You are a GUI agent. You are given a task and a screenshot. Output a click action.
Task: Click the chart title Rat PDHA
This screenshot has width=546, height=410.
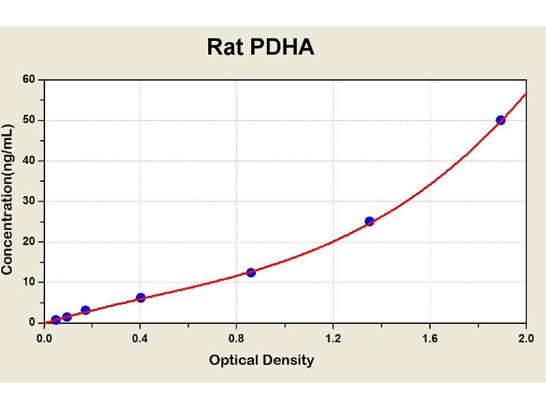tap(261, 47)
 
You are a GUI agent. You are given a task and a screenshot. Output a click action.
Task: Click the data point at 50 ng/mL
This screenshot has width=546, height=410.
tap(500, 120)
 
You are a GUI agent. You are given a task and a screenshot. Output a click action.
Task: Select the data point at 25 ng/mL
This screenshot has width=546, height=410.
tap(369, 221)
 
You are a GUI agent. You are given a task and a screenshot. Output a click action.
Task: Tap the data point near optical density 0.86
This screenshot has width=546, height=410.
tap(251, 272)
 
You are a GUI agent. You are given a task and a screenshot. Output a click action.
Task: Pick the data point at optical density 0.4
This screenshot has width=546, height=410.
tap(141, 297)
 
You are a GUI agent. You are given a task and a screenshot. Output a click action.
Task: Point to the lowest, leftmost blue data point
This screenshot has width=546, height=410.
tap(56, 320)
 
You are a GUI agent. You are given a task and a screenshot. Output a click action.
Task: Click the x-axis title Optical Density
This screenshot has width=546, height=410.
tap(261, 360)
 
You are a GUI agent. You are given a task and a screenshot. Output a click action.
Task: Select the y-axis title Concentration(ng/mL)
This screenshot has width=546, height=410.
tap(8, 200)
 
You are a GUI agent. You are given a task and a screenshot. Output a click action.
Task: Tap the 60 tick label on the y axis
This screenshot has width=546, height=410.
tap(29, 80)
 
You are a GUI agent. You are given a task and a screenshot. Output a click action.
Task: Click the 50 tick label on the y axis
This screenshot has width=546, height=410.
tap(29, 120)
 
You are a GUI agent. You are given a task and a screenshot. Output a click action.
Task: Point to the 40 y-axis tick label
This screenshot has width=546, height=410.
tap(29, 161)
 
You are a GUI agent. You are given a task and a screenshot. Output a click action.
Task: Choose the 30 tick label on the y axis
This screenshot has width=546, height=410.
tap(29, 201)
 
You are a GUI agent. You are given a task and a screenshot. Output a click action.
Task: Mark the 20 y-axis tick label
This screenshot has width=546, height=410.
tap(29, 241)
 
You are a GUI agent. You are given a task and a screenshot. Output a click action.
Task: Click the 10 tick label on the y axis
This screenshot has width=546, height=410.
tap(29, 282)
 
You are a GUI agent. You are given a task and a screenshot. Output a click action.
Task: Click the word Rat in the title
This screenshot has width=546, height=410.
tap(226, 47)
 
